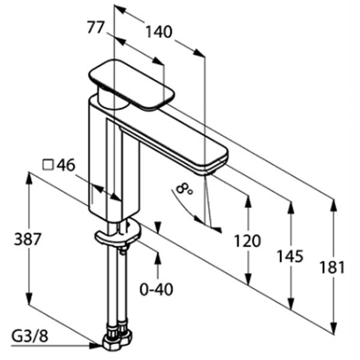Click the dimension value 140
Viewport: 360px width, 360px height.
pyautogui.click(x=159, y=32)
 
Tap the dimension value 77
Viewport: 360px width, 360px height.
pyautogui.click(x=96, y=28)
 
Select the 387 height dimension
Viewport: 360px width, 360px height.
pyautogui.click(x=28, y=239)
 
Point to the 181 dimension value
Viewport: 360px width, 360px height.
pyautogui.click(x=332, y=267)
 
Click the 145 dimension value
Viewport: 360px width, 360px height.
pyautogui.click(x=290, y=256)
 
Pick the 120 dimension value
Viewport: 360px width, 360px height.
pyautogui.click(x=247, y=241)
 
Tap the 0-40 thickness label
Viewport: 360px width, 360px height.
pyautogui.click(x=157, y=289)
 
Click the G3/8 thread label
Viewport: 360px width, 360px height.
pyautogui.click(x=30, y=336)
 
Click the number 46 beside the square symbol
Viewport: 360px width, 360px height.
pyautogui.click(x=65, y=164)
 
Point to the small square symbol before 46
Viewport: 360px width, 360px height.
pyautogui.click(x=48, y=165)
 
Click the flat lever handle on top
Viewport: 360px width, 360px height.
pyautogui.click(x=131, y=84)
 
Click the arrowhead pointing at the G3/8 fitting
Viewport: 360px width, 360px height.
pyautogui.click(x=95, y=345)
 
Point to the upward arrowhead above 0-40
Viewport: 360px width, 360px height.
pyautogui.click(x=157, y=259)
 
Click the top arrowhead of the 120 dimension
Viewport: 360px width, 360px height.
pyautogui.click(x=248, y=202)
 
